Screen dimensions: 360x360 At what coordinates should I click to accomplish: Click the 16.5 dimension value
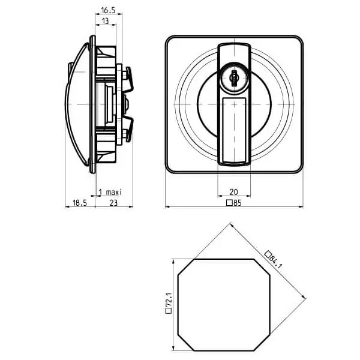[x=108, y=10]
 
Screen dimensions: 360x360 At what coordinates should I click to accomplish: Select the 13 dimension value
[x=105, y=21]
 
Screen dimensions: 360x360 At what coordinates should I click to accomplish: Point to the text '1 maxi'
[x=110, y=192]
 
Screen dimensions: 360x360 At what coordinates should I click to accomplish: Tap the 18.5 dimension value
[x=80, y=203]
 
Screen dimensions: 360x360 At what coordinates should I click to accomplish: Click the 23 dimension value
[x=113, y=203]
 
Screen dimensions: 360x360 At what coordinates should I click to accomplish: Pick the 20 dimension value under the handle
[x=234, y=192]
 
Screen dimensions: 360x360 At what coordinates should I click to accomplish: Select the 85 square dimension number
[x=238, y=203]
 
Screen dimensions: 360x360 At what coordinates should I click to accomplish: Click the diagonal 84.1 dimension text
[x=275, y=262]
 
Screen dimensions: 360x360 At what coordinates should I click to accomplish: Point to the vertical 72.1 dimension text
[x=169, y=301]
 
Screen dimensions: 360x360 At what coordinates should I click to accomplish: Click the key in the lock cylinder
[x=234, y=78]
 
